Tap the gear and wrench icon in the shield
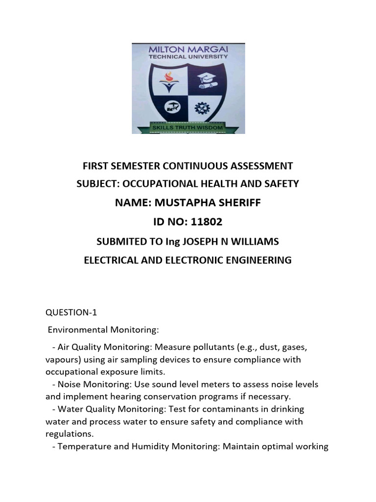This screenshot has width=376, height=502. [201, 107]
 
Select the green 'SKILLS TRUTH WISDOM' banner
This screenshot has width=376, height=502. [188, 127]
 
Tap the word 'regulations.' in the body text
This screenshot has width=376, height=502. [69, 434]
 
